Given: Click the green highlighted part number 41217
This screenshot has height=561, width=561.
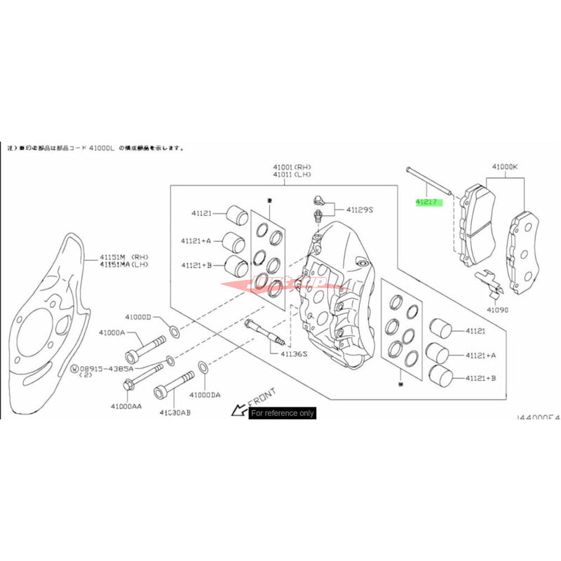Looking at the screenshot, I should tap(426, 203).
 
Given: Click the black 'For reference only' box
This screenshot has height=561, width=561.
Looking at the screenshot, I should tap(283, 413).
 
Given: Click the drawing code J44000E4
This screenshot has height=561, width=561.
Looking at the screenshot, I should tap(538, 417).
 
